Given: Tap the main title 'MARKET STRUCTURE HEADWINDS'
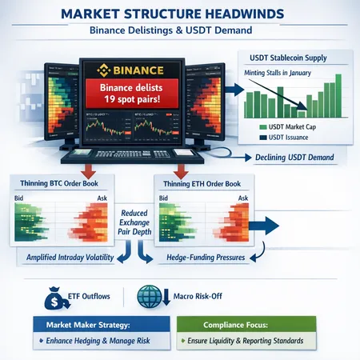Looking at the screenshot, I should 179,14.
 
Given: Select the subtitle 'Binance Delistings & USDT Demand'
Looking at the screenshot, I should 179,32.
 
